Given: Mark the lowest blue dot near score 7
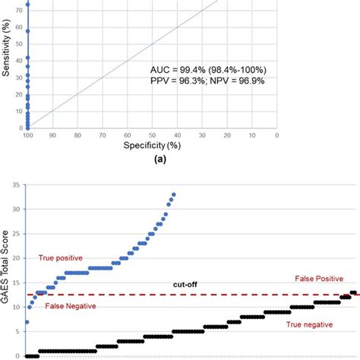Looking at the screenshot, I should (x=27, y=322).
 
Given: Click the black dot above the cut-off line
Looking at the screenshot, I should (x=352, y=292).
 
